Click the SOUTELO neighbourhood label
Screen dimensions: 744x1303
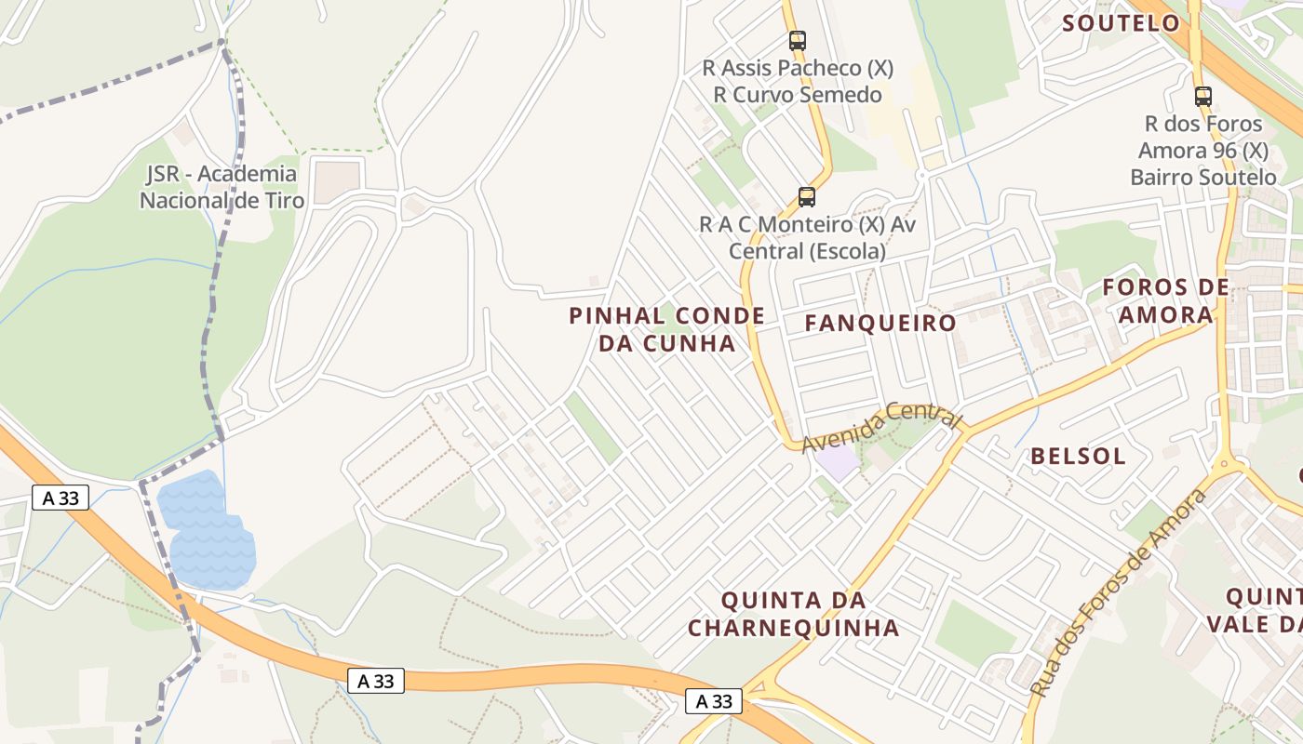(1121, 23)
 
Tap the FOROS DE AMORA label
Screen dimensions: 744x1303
(1165, 300)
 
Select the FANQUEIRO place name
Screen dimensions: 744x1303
(880, 323)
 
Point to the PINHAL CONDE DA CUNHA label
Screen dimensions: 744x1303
(666, 329)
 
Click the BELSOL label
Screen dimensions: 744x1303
(1078, 457)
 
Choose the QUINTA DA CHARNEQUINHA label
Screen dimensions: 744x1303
(794, 614)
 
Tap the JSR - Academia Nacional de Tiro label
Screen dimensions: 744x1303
(222, 187)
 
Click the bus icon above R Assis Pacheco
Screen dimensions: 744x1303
(798, 41)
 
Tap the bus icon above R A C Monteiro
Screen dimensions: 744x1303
(807, 197)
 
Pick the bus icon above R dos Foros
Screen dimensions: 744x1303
(1203, 96)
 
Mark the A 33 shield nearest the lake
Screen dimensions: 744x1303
(60, 498)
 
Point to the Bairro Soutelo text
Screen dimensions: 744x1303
(1203, 178)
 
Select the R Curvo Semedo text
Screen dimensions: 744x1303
(798, 95)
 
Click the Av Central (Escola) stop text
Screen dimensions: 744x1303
(807, 251)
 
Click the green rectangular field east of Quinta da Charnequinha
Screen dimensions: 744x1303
(974, 632)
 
